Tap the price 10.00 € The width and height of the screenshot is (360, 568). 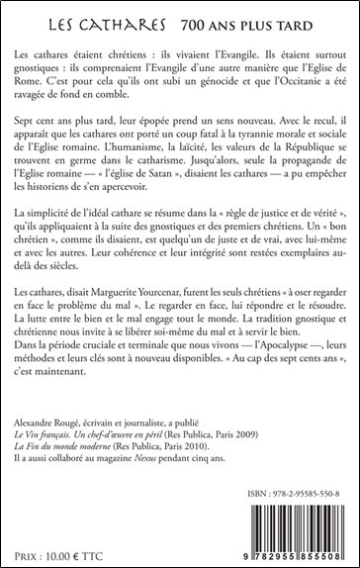coord(64,549)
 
